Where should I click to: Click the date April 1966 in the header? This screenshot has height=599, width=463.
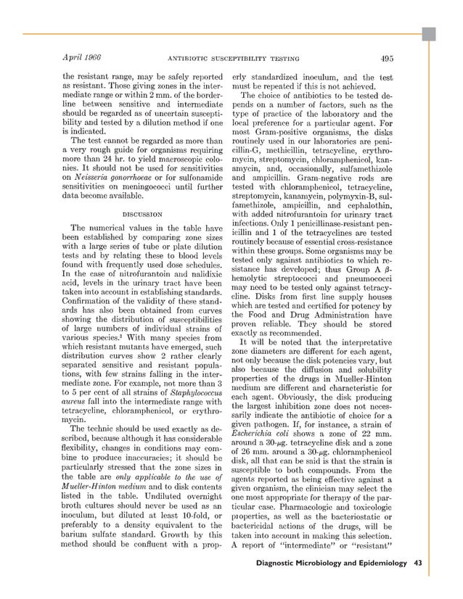coord(81,58)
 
